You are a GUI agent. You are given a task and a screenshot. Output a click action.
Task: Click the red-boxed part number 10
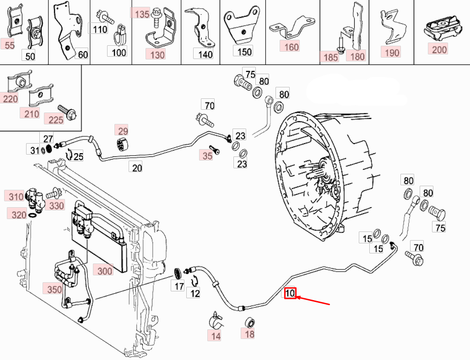(290, 293)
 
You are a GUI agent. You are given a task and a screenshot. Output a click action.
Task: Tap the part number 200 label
(439, 49)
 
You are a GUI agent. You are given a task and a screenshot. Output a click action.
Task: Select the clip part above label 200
(443, 28)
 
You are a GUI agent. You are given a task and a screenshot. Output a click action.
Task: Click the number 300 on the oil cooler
(105, 271)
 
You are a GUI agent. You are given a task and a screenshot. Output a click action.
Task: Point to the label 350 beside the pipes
(54, 289)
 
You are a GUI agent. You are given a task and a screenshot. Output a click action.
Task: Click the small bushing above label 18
(249, 323)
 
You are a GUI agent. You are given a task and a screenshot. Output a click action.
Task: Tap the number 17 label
(179, 286)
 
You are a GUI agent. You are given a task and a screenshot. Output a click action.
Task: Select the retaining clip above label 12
(195, 281)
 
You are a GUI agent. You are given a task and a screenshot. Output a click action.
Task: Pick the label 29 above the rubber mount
(123, 131)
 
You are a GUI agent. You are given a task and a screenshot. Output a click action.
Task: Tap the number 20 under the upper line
(137, 168)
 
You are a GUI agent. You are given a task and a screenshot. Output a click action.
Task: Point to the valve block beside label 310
(35, 199)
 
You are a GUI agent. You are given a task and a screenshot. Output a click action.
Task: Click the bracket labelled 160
(292, 27)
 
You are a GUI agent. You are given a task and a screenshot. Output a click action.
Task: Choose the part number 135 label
(142, 14)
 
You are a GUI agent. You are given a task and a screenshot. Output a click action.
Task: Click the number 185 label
(331, 57)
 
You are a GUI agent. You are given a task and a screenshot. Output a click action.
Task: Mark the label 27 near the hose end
(48, 139)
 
